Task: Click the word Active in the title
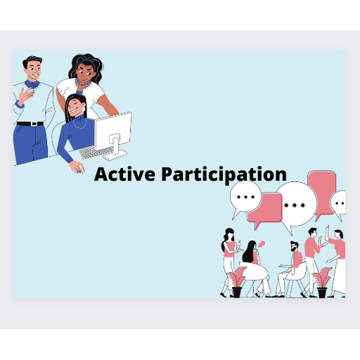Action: click(124, 174)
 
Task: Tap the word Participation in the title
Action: click(224, 175)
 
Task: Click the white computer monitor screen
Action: click(113, 131)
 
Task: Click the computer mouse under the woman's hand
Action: click(81, 169)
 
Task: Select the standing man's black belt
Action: click(30, 124)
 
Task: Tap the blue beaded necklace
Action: click(82, 82)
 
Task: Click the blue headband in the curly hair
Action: click(87, 63)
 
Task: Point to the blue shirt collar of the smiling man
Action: click(32, 84)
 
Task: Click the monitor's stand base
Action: click(115, 155)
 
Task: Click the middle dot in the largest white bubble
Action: click(295, 205)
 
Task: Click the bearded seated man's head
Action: click(294, 246)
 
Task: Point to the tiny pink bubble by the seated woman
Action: click(261, 244)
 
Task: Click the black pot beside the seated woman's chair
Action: click(237, 292)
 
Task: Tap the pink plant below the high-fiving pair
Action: click(323, 277)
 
